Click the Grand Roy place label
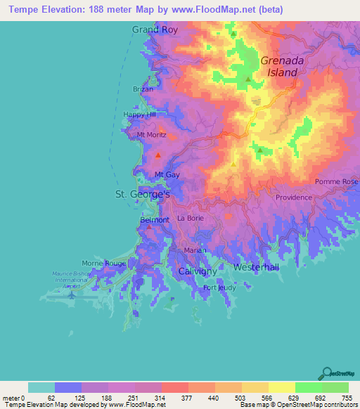tap(154, 30)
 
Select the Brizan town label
tap(143, 89)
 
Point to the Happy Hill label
tap(139, 115)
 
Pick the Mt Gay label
tap(166, 175)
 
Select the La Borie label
tap(190, 219)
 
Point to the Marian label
tap(195, 250)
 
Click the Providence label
tap(293, 197)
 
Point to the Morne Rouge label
tap(104, 263)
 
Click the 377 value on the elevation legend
tap(188, 397)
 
